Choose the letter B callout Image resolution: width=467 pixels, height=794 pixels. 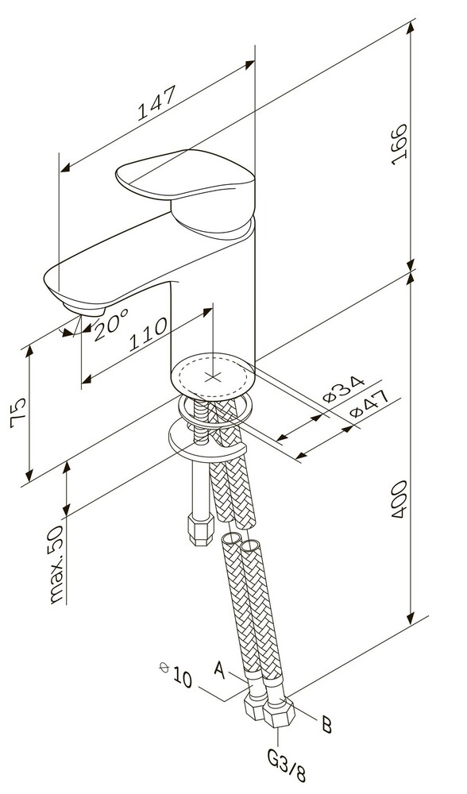pyautogui.click(x=326, y=724)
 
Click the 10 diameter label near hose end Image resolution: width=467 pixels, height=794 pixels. pyautogui.click(x=179, y=679)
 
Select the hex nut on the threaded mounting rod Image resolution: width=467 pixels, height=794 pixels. pyautogui.click(x=198, y=530)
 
